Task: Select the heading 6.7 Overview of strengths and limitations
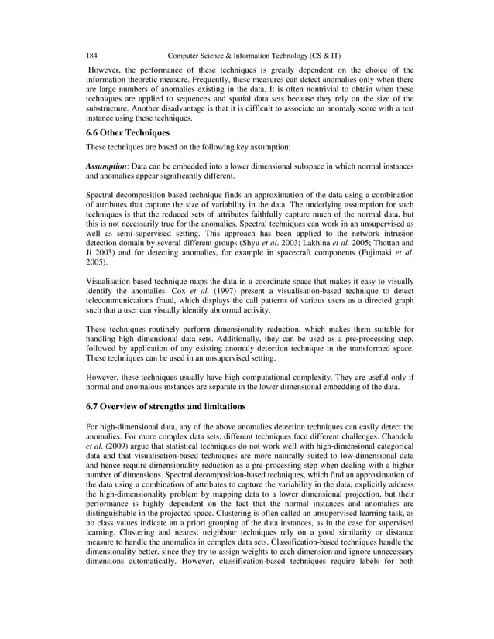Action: (x=166, y=406)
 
